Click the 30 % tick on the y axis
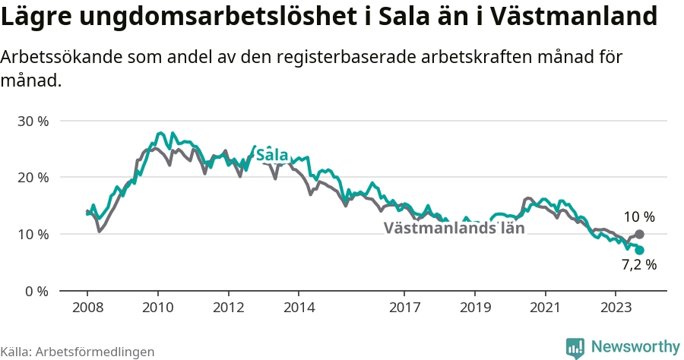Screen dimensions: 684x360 33,122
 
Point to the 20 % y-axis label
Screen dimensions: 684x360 33,178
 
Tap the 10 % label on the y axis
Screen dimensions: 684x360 33,235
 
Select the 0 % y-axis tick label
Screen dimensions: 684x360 36,291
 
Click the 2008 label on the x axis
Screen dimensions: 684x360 87,308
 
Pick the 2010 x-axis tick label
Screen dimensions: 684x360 158,308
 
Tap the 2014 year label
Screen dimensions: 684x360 299,308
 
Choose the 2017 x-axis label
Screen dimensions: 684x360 405,308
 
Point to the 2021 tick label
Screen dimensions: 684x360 545,308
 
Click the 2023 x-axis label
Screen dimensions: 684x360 616,308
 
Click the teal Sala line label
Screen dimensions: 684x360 272,155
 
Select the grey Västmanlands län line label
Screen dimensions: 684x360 454,228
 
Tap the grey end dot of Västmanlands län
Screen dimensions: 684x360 639,235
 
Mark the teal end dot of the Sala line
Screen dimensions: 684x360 639,250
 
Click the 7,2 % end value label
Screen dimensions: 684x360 639,264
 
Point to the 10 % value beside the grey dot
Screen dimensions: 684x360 639,216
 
